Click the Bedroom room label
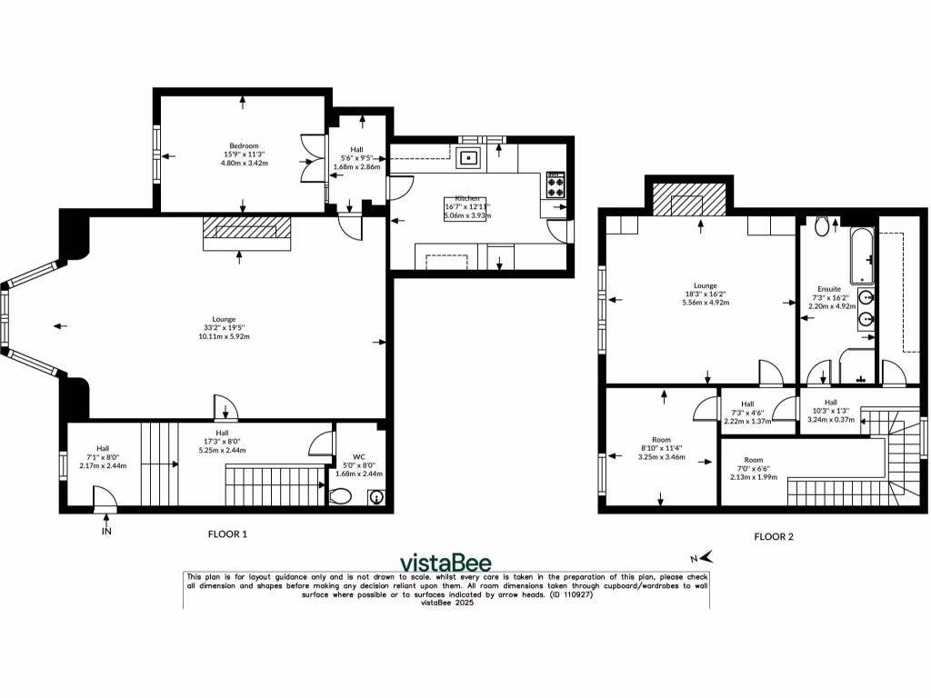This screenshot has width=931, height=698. tap(244, 146)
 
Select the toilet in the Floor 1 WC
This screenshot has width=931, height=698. tap(342, 496)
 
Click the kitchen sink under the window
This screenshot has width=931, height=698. tap(470, 159)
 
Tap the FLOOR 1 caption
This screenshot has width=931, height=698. tap(227, 534)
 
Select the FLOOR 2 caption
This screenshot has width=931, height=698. tap(773, 537)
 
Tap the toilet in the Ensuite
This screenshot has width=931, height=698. tap(822, 225)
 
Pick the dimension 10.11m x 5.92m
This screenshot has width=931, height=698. tap(225, 336)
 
